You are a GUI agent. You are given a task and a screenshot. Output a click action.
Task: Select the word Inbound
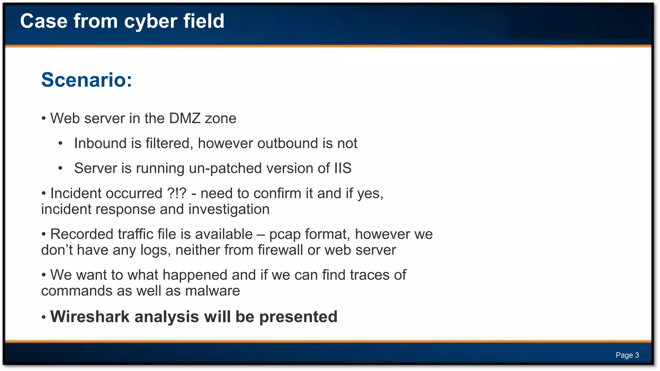pos(101,143)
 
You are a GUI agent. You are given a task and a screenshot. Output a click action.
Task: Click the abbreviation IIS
pos(343,168)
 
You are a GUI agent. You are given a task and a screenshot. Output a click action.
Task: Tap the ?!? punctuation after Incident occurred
pos(177,193)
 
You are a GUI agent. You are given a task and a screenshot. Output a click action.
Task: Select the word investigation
pos(229,209)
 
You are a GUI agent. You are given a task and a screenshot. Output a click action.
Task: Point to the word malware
pos(212,291)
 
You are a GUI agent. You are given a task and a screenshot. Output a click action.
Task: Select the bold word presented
pos(298,317)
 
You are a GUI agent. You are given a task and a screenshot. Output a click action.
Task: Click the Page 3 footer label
pos(627,355)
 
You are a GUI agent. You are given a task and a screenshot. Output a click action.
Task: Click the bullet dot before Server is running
pos(60,168)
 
